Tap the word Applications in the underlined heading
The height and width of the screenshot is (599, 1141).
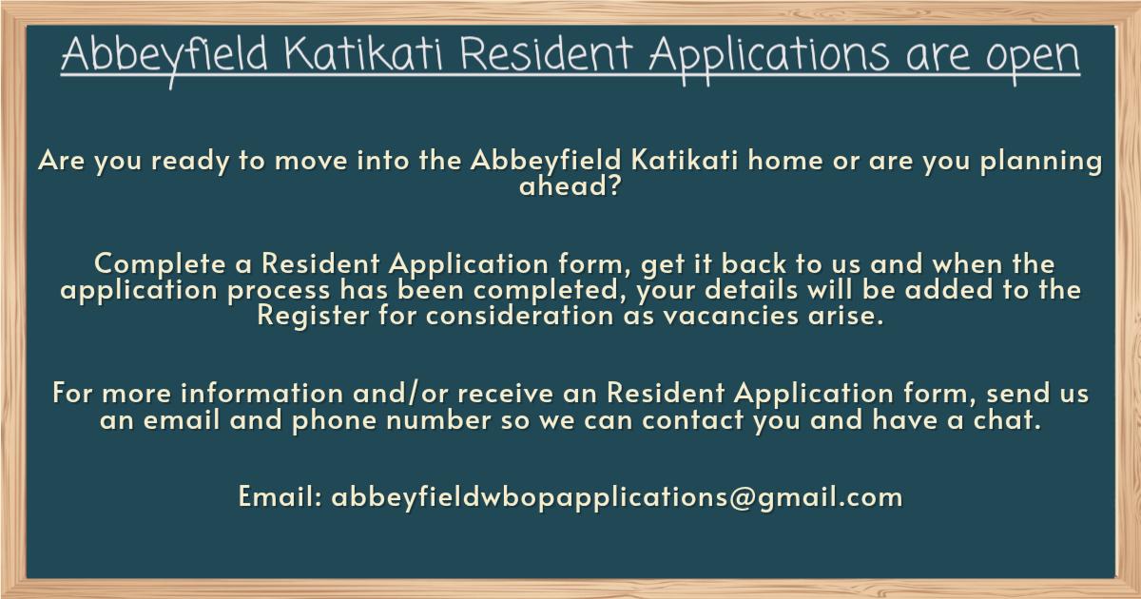(769, 58)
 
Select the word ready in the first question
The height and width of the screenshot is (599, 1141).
(190, 162)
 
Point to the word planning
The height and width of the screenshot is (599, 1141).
(1041, 162)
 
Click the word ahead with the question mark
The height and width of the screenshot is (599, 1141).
(570, 184)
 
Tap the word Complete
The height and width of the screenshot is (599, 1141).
(160, 265)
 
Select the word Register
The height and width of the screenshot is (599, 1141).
(313, 316)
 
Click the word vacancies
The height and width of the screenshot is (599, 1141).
(731, 316)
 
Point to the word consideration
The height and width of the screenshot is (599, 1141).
(519, 316)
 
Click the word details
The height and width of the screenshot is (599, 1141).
(751, 289)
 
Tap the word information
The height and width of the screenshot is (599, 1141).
(262, 394)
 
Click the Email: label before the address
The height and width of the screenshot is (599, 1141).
(280, 496)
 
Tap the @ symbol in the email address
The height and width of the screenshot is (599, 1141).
(743, 497)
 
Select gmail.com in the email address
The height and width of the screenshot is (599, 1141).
(829, 497)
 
